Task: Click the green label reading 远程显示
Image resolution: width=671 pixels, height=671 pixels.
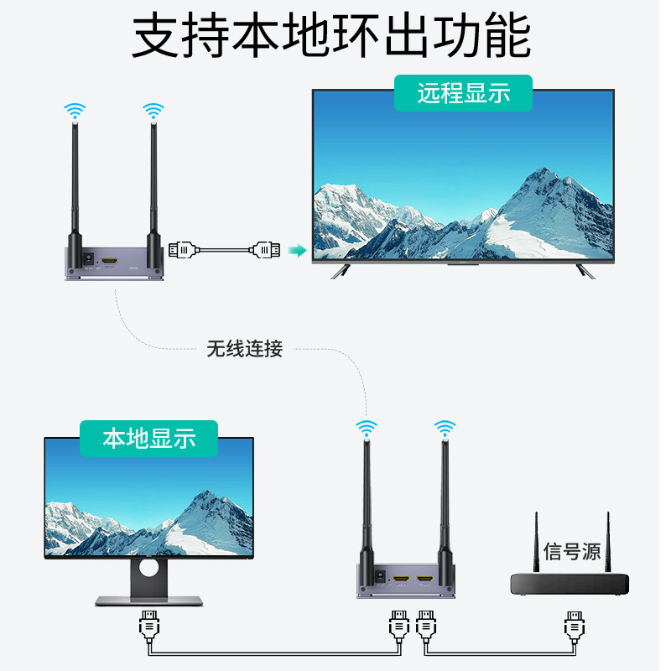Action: [463, 93]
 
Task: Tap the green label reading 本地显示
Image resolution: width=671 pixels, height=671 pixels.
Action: [148, 438]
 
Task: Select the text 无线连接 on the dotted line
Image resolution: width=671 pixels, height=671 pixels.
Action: [245, 349]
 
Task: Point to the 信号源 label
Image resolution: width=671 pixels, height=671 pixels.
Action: [572, 551]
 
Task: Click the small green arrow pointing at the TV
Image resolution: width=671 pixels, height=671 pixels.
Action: [294, 250]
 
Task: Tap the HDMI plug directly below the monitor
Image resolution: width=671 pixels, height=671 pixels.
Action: [148, 626]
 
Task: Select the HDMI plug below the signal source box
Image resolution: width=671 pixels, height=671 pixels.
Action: [575, 626]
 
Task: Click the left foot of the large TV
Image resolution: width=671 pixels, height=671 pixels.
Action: [341, 270]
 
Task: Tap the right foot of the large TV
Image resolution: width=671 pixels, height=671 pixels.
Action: [584, 270]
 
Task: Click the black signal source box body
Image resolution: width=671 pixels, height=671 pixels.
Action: [570, 584]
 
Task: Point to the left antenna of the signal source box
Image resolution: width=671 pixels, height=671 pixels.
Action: [536, 545]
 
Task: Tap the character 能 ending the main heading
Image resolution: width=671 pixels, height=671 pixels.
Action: [508, 35]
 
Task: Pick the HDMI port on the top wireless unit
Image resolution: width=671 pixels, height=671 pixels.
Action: [109, 263]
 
